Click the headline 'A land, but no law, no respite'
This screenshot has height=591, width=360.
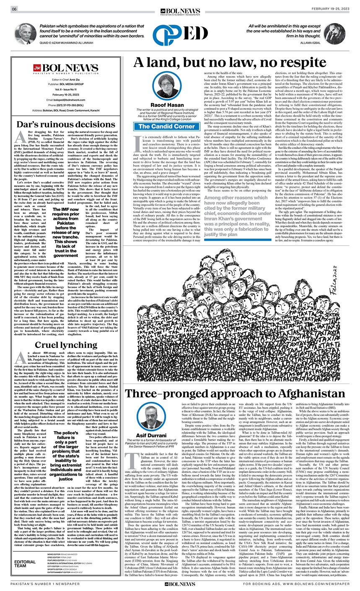(x=238, y=62)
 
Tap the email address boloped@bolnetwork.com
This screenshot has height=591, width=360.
(x=67, y=100)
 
